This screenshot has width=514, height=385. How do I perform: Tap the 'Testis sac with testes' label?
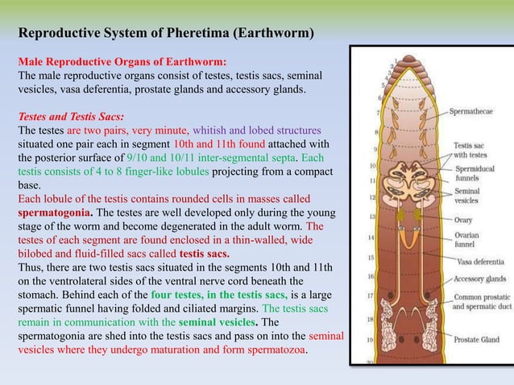(470, 150)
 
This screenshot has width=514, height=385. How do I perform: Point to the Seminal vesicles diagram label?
(469, 198)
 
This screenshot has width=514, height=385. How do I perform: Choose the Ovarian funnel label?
(468, 238)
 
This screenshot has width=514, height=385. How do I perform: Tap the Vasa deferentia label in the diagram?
(480, 261)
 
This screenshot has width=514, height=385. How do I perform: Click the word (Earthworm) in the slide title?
(279, 33)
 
